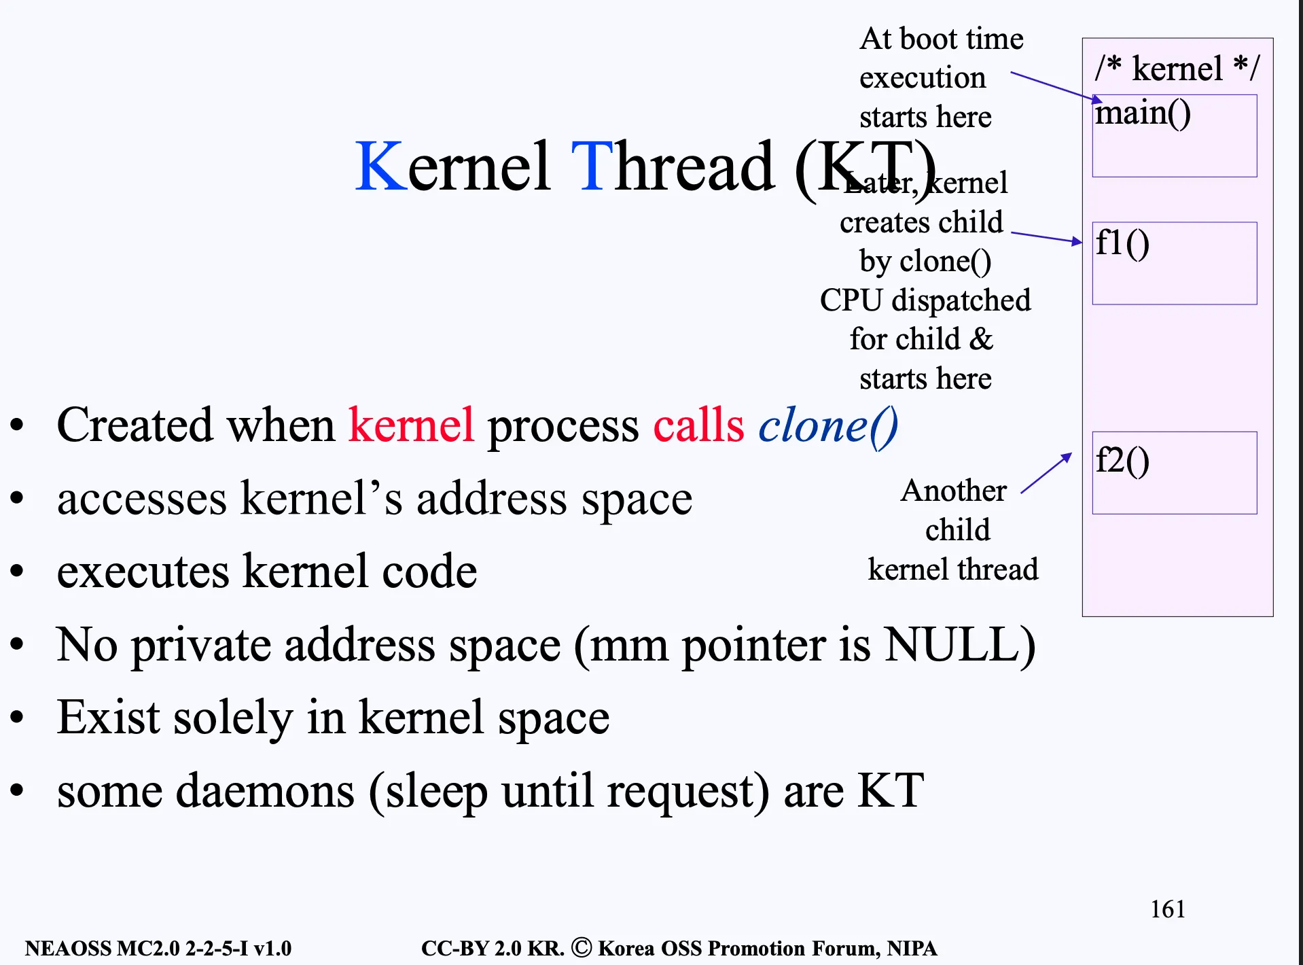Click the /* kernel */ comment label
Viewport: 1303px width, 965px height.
click(1177, 69)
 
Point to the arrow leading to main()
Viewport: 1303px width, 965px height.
click(1057, 87)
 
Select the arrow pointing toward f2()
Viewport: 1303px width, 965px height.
click(1047, 473)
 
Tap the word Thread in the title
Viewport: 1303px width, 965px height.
click(673, 166)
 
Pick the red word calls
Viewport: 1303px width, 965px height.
click(699, 425)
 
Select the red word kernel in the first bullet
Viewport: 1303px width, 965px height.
click(411, 425)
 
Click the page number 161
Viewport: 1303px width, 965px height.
click(1168, 909)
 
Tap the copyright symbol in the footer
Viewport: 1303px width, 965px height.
click(582, 947)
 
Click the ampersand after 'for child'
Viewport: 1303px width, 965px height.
click(981, 339)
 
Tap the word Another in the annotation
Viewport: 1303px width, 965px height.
click(954, 491)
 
